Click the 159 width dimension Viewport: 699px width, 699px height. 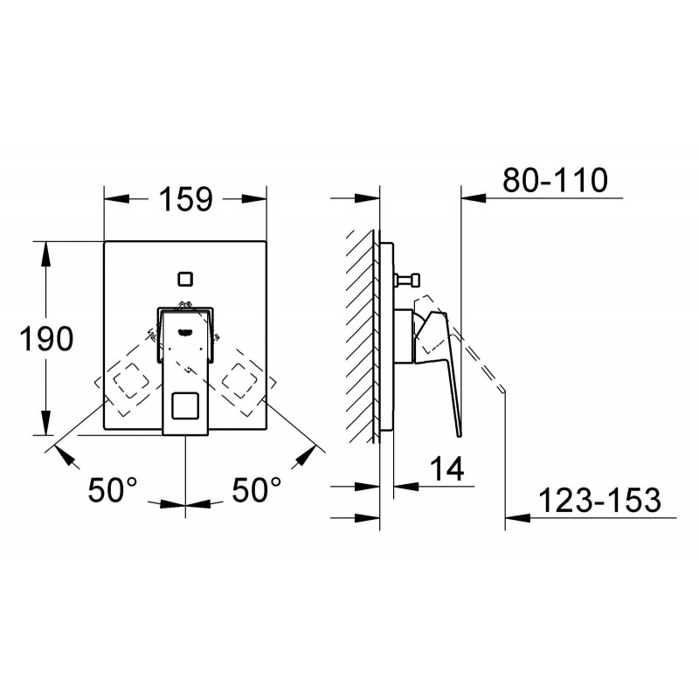pos(186,199)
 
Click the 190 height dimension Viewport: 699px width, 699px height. pos(46,338)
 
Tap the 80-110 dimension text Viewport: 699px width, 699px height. pos(555,180)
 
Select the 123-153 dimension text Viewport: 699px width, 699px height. pos(599,500)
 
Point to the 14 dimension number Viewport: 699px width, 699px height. pos(446,468)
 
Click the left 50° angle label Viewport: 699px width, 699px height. pos(113,489)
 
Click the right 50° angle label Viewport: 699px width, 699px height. pos(256,489)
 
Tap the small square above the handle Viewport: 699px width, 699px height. pos(185,279)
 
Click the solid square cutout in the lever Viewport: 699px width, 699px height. pos(185,405)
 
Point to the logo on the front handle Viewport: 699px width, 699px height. pos(185,331)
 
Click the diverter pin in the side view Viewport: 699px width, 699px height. pos(407,280)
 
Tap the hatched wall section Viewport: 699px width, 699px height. pos(360,336)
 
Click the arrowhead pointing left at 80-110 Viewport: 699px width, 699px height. pos(474,197)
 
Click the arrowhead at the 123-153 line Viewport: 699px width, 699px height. pos(517,518)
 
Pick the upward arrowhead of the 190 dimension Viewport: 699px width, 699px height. pos(46,254)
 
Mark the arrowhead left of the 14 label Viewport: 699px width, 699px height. pos(406,486)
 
